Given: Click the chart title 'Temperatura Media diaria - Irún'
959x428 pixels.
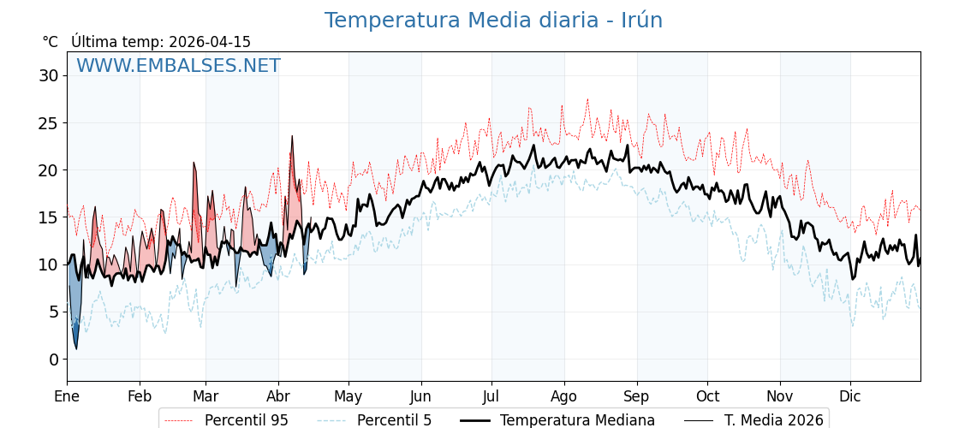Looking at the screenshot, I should point(493,21).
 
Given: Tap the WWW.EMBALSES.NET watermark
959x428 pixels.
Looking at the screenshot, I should point(178,66).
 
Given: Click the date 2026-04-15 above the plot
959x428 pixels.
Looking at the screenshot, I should point(210,42).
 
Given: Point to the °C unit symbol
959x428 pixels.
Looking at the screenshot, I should point(50,42).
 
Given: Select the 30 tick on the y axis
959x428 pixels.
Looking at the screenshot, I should point(48,75).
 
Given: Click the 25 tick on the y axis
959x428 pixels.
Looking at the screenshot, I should point(48,122).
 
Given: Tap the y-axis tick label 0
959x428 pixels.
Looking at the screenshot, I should point(53,359).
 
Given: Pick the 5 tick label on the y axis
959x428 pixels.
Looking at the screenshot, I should point(53,312).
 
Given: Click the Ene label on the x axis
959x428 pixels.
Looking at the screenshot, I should point(67,396).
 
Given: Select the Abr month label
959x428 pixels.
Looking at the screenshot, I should point(278,396).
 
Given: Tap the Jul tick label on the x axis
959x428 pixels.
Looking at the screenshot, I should point(491,396).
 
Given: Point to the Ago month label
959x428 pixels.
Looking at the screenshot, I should point(564,396).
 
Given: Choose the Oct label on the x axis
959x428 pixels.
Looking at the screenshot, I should point(707,396).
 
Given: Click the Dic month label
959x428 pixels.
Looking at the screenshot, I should point(850,396).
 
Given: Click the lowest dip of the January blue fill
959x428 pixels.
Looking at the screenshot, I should point(76,348).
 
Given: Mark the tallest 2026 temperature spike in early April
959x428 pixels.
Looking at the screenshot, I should point(292,136).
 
